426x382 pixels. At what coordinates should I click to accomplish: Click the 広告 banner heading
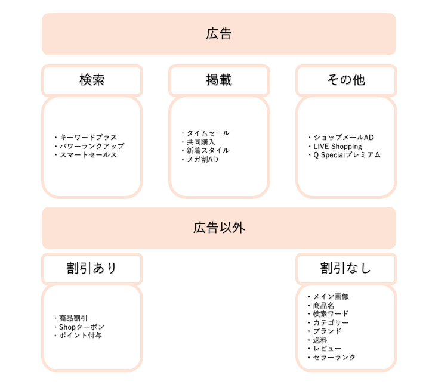219,34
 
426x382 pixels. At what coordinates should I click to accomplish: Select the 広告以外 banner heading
219,228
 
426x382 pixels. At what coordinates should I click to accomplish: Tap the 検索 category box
92,80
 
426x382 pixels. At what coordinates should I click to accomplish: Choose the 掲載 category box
219,80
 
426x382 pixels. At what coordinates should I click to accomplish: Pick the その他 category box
346,80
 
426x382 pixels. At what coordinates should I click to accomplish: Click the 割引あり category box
92,269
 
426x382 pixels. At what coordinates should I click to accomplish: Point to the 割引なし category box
346,269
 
